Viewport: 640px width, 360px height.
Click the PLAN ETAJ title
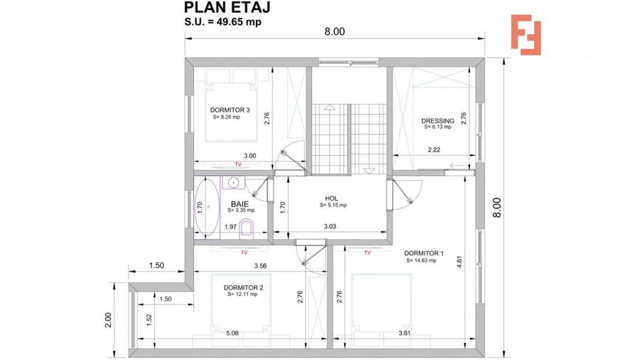point(228,8)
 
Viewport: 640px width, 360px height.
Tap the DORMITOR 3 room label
point(230,110)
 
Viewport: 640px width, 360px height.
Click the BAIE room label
point(239,203)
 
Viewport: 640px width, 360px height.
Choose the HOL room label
point(331,198)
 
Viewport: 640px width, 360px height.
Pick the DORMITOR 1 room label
point(423,253)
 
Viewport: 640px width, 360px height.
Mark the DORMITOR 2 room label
point(244,287)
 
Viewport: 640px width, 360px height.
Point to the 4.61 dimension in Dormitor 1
point(460,260)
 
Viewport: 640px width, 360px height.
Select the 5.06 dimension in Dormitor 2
point(233,332)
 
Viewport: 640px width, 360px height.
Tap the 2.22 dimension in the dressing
point(434,150)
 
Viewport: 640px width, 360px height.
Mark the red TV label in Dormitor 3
point(238,164)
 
